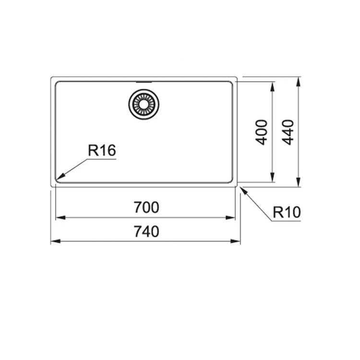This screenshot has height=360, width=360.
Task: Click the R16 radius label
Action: (x=102, y=150)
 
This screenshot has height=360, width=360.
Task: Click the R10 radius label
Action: (x=287, y=212)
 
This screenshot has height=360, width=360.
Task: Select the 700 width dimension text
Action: (x=146, y=207)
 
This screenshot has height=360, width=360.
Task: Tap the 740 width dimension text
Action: (x=146, y=231)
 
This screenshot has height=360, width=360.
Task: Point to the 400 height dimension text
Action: (x=262, y=132)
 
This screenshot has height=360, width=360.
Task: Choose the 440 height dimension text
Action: (x=288, y=132)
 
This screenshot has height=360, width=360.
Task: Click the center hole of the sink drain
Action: (x=144, y=104)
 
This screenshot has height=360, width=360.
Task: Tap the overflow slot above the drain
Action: (x=144, y=82)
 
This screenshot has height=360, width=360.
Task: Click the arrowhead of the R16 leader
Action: (x=60, y=177)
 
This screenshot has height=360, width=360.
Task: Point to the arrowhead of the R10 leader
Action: (x=244, y=191)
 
